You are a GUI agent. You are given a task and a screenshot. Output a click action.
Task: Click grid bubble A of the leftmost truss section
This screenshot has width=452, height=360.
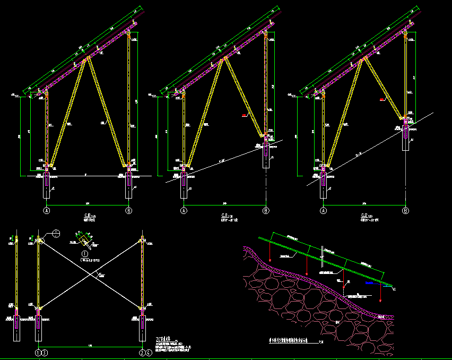tap(47, 211)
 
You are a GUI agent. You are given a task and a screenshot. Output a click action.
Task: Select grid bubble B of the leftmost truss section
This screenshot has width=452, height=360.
tap(128, 211)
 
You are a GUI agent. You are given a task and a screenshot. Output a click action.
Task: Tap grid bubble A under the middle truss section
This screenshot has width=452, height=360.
tap(184, 211)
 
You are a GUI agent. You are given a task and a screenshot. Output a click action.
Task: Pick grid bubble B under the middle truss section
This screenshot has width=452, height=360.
tap(266, 211)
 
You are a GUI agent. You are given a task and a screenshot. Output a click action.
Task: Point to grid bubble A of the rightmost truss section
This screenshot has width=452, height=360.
tap(323, 211)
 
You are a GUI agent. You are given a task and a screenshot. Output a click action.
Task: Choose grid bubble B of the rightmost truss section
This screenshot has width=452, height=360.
tap(405, 211)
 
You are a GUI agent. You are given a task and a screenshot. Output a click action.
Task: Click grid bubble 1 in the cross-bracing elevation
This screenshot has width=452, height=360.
tap(38, 352)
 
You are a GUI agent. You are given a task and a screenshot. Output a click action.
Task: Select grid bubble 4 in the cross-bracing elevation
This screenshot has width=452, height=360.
tap(148, 352)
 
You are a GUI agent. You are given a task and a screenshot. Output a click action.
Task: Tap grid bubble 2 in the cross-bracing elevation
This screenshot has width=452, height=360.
tap(142, 352)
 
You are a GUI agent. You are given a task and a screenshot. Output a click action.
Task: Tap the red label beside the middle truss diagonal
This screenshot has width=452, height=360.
tap(245, 115)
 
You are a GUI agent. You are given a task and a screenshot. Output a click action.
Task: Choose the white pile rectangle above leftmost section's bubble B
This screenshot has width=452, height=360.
tap(128, 184)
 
